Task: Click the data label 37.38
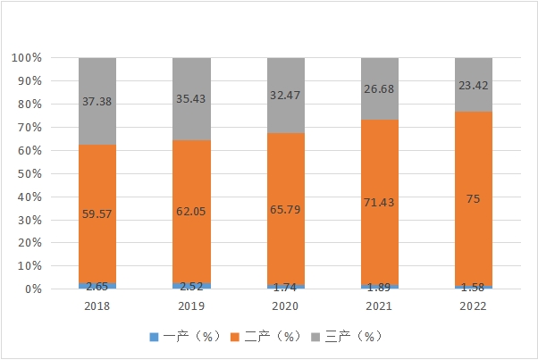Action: pos(97,101)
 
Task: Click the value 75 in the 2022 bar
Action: pos(474,198)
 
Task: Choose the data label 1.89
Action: pos(380,286)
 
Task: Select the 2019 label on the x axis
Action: pos(191,305)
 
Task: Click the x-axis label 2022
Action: pos(474,305)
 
